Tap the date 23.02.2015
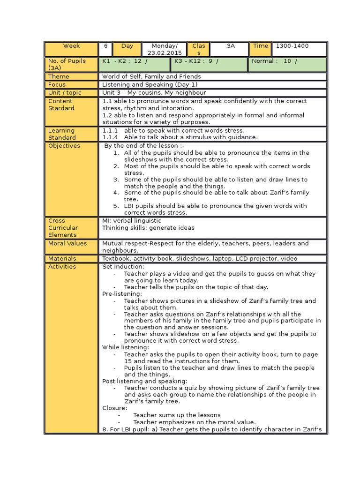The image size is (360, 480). [165, 53]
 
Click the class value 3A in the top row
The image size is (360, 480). [230, 46]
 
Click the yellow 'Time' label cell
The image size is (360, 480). [261, 46]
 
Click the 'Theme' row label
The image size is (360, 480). [59, 76]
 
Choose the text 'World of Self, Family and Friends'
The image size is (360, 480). [151, 76]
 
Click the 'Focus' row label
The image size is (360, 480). [57, 84]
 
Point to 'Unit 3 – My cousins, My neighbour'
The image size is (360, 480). [154, 92]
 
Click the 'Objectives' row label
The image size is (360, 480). [64, 145]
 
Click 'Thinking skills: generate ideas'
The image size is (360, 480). [148, 227]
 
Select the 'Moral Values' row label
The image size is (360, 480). [67, 243]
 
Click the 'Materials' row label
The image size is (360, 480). [62, 258]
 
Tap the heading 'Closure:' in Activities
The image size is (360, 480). [114, 408]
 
